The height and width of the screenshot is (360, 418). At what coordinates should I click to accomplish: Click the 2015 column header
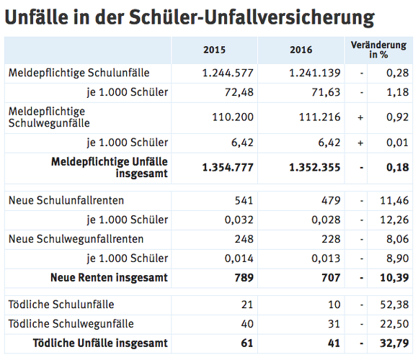[214, 50]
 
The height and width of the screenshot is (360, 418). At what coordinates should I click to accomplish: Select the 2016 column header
[301, 50]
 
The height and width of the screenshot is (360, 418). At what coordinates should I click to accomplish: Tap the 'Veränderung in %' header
[378, 50]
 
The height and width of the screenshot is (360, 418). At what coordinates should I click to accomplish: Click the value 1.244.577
[228, 73]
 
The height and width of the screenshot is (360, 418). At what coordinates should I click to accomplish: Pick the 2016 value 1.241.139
[315, 73]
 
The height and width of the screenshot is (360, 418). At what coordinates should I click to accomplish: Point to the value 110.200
[233, 117]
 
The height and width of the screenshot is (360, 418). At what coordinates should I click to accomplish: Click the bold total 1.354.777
[228, 168]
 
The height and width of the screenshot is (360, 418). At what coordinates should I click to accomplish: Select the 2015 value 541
[244, 200]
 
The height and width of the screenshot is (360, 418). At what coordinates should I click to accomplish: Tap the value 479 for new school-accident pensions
[331, 200]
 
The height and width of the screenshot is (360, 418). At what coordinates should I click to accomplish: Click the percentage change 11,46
[394, 200]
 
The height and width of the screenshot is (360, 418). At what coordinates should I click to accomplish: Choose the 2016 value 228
[331, 239]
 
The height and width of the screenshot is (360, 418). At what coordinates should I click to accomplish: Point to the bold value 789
[244, 278]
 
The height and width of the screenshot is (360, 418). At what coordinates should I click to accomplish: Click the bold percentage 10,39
[394, 278]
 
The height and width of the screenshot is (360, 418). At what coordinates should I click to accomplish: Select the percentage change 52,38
[394, 305]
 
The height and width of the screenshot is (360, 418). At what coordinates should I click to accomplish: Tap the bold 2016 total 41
[334, 343]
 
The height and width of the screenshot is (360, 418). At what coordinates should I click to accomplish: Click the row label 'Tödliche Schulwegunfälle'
[71, 324]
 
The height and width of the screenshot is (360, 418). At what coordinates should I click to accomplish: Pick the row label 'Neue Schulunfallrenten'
[66, 200]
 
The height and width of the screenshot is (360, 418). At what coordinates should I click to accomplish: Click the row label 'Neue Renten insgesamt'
[109, 278]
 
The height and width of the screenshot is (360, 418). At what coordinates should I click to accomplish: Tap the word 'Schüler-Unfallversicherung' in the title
[252, 17]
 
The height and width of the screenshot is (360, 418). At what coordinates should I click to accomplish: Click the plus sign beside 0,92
[360, 117]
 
